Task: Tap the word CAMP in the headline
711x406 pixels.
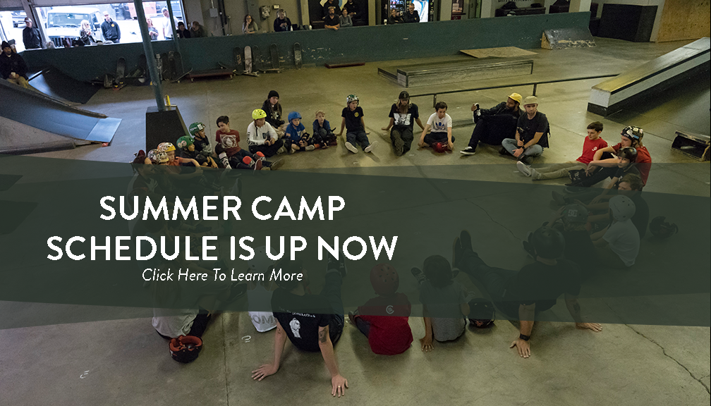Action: click(298, 208)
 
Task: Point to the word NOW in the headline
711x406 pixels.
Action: click(357, 248)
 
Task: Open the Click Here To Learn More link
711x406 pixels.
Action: click(222, 275)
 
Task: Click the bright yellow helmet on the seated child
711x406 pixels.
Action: click(258, 114)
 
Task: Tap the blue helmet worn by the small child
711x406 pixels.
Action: click(294, 116)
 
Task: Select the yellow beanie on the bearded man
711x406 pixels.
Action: click(515, 97)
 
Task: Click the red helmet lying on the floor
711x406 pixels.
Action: click(186, 348)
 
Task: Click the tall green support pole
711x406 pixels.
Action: click(150, 54)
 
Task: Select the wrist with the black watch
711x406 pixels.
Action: click(525, 337)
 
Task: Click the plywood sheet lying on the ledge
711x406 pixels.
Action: click(498, 52)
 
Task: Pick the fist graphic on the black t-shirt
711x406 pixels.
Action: click(296, 327)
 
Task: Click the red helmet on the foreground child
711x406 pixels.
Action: click(384, 279)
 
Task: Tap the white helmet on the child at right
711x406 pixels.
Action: click(621, 207)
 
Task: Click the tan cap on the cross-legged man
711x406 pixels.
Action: click(530, 101)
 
